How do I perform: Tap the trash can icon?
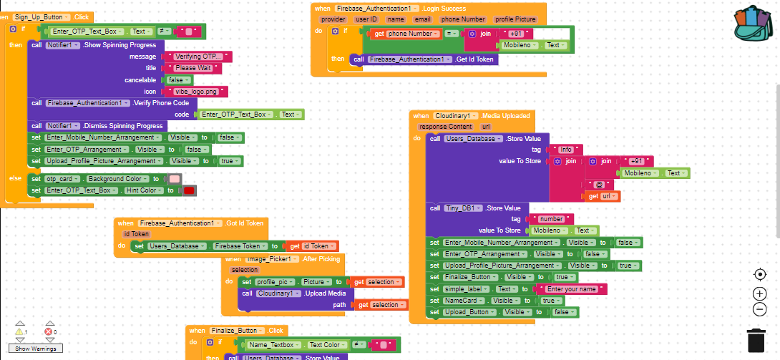756,340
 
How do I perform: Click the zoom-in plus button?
760,293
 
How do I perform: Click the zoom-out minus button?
760,310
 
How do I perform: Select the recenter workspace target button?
760,274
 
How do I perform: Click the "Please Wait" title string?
192,68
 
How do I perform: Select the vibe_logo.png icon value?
196,92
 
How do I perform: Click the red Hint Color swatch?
189,190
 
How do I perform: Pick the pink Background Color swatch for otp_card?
174,179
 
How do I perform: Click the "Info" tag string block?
565,150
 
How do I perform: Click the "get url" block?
602,196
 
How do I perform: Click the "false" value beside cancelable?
176,79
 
